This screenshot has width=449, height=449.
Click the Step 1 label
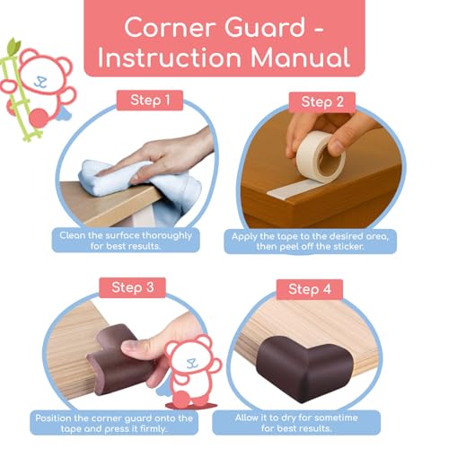[150, 101]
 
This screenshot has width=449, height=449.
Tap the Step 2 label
[322, 102]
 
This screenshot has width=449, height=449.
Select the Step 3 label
[132, 287]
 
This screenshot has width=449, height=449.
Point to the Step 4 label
[310, 289]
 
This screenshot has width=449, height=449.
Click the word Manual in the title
[300, 57]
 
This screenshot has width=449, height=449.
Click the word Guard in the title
[265, 28]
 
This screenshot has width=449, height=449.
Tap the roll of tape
[321, 157]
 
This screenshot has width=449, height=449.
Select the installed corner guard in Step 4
[304, 368]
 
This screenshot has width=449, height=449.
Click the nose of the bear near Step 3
[191, 361]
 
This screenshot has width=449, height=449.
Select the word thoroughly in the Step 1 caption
[167, 236]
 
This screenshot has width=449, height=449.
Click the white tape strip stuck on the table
[295, 189]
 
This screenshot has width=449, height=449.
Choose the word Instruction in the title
[170, 57]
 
